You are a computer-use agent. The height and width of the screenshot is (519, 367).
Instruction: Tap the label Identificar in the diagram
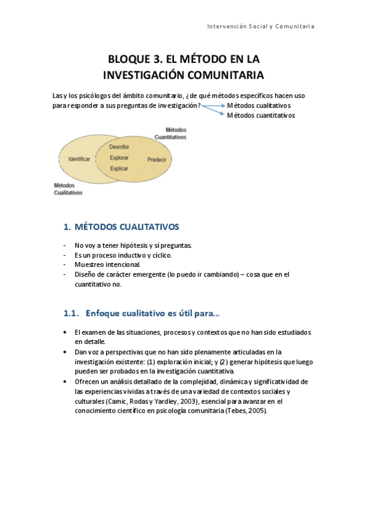tap(80, 159)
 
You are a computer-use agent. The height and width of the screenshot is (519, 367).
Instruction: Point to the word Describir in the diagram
tap(119, 147)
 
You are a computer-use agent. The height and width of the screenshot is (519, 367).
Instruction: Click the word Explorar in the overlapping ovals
tap(119, 158)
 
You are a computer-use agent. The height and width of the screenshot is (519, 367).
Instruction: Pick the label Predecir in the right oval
tap(157, 159)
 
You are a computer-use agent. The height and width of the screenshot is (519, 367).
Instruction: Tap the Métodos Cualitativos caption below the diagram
tap(68, 189)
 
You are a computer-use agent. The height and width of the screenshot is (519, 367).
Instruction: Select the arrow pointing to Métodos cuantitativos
tap(213, 111)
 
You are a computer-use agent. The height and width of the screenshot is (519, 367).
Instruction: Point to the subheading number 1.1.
tap(71, 313)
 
